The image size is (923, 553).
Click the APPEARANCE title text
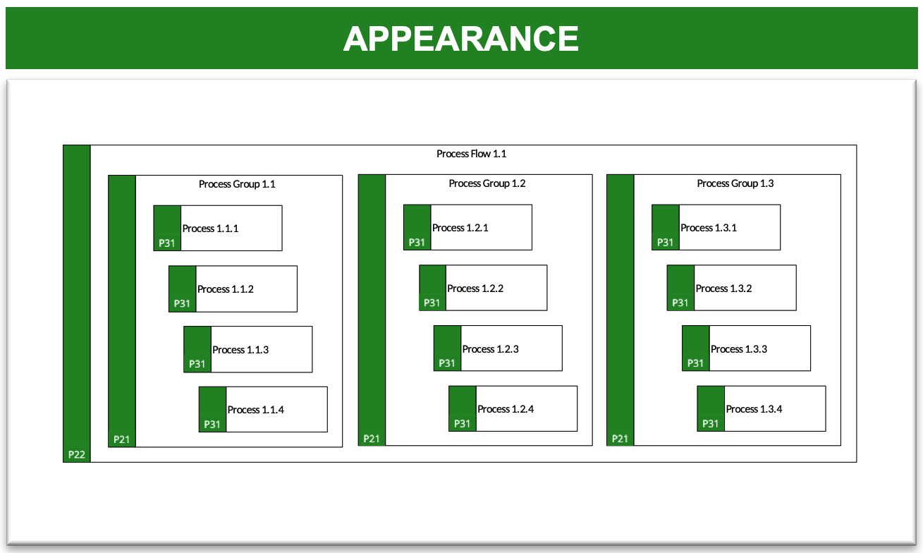(x=461, y=39)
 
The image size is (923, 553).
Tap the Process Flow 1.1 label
(x=472, y=154)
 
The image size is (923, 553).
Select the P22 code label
(x=77, y=454)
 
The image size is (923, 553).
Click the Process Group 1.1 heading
(x=237, y=184)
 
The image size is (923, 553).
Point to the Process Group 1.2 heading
(x=487, y=183)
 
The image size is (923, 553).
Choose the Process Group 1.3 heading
(x=735, y=183)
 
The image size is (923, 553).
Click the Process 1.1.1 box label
(x=211, y=229)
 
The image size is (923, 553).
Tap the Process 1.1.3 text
(x=240, y=349)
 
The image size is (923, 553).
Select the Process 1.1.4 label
(x=256, y=410)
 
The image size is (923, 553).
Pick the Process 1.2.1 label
(x=460, y=227)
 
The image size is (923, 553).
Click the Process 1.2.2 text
(x=475, y=288)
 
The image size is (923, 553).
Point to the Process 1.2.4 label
(x=506, y=409)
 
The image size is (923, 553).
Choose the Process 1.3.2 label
(x=724, y=288)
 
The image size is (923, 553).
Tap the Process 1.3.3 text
(x=739, y=349)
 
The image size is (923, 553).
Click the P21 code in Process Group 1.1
(x=121, y=439)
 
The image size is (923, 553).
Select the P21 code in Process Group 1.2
(x=372, y=439)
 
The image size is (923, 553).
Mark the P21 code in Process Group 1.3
(x=620, y=439)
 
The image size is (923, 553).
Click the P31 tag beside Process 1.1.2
(x=182, y=303)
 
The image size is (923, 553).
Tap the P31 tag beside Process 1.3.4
(x=710, y=423)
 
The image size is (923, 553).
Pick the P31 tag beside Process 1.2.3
(x=446, y=363)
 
